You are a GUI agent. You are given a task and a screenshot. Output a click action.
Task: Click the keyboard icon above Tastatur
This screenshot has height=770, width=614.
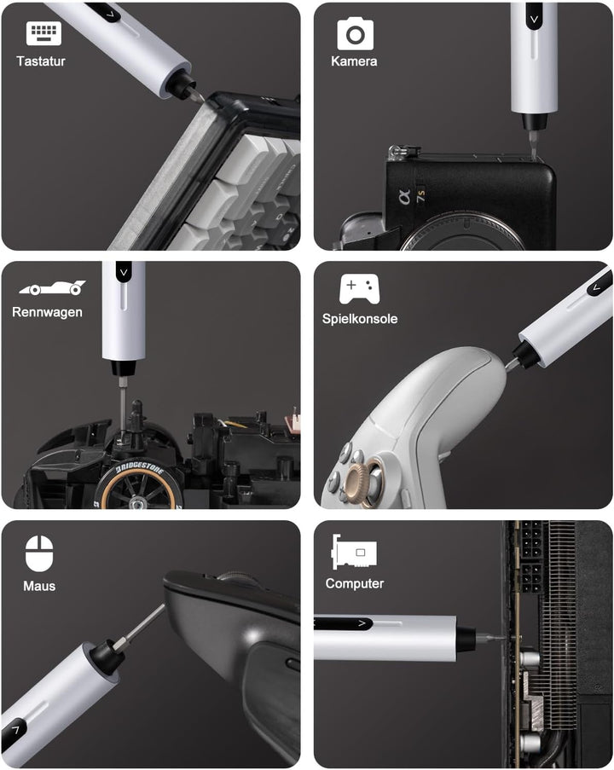(43, 33)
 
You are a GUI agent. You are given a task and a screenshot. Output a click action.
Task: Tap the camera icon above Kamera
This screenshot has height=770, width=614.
(355, 33)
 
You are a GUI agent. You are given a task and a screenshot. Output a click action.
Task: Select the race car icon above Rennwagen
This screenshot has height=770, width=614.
(53, 287)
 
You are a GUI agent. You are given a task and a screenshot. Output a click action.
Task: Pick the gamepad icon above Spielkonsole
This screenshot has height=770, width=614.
(359, 289)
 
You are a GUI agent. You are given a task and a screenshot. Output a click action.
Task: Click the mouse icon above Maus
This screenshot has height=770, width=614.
(39, 553)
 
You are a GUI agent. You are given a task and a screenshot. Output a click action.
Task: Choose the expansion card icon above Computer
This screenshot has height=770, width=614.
(354, 552)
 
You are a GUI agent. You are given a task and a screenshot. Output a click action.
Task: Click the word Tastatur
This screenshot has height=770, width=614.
(41, 61)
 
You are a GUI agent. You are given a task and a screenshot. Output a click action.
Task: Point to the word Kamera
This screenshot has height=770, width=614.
(354, 61)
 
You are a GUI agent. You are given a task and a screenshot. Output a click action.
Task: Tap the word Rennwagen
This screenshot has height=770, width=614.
(47, 312)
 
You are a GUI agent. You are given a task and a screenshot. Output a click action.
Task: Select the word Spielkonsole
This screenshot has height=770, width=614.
(360, 319)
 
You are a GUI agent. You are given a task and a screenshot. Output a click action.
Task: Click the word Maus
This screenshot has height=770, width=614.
(39, 586)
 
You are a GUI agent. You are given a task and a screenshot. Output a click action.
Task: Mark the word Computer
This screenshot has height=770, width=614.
(355, 583)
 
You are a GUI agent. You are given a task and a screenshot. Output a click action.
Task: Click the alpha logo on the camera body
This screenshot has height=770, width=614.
(405, 197)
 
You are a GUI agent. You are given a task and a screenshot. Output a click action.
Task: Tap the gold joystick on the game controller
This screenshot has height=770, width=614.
(357, 483)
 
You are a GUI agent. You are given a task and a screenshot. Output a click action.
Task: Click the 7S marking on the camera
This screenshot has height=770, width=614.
(420, 196)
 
